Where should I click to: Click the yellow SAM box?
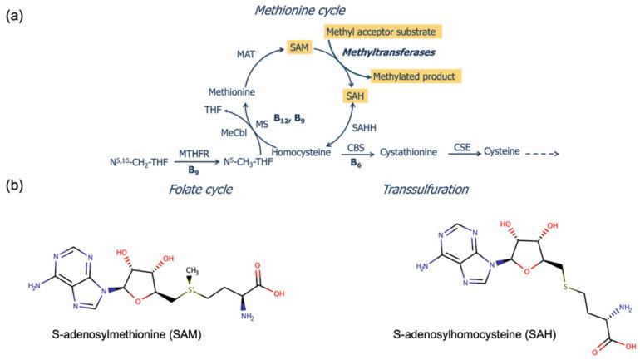(x=302, y=49)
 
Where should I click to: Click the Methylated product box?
(x=416, y=76)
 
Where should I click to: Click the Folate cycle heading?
(x=198, y=190)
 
